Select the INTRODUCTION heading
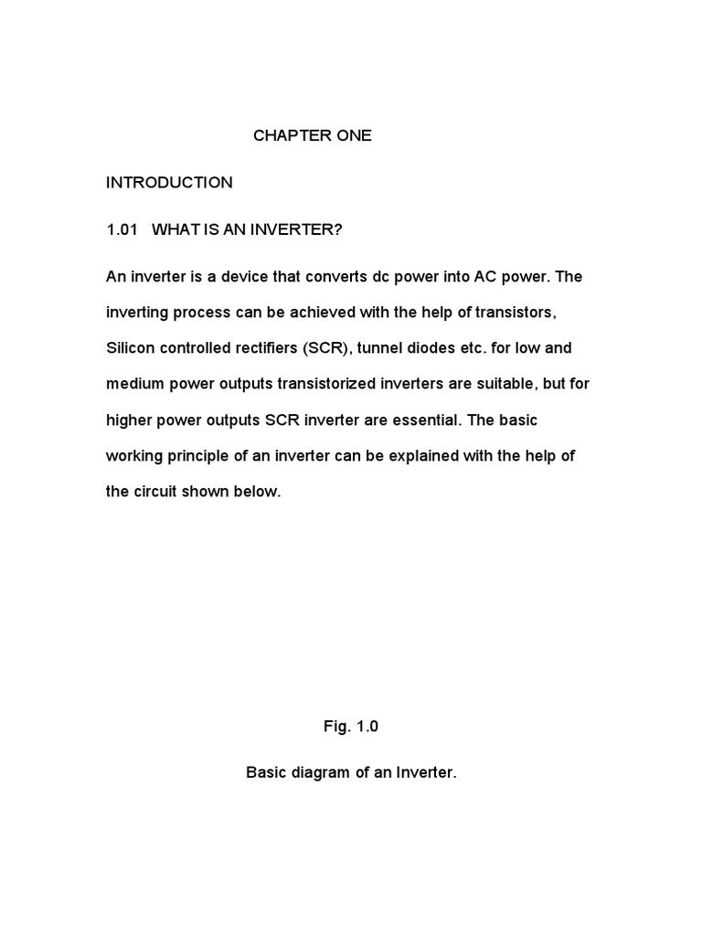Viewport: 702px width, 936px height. coord(169,183)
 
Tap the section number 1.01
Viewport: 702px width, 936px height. coord(122,229)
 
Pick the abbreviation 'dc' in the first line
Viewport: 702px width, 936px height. coord(381,277)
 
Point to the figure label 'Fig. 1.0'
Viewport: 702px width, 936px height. coord(350,727)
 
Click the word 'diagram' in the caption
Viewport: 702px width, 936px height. coord(326,772)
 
